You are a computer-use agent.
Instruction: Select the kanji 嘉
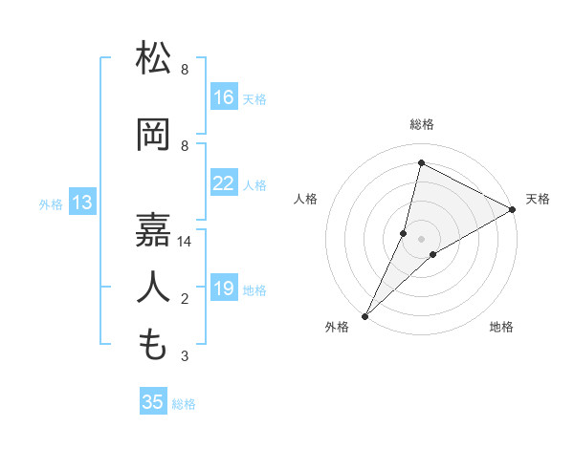tap(154, 228)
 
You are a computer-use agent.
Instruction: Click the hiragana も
tap(154, 343)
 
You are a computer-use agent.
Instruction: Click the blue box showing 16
tap(224, 97)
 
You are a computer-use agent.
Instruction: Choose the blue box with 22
tap(224, 183)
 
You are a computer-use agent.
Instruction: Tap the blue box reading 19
tap(224, 289)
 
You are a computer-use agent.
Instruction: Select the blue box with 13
tap(82, 203)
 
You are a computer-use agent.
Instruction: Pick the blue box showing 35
tap(153, 402)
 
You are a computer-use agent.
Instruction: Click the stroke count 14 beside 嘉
tap(186, 242)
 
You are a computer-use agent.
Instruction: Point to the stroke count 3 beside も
tap(185, 356)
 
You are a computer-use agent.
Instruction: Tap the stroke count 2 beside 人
tap(185, 299)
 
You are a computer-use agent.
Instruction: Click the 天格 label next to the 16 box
tap(254, 98)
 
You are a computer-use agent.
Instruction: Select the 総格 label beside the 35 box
tap(184, 404)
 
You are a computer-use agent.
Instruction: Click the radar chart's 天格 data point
tap(513, 210)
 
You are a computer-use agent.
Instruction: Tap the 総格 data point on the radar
tap(421, 162)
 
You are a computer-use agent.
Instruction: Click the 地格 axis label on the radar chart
tap(501, 327)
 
